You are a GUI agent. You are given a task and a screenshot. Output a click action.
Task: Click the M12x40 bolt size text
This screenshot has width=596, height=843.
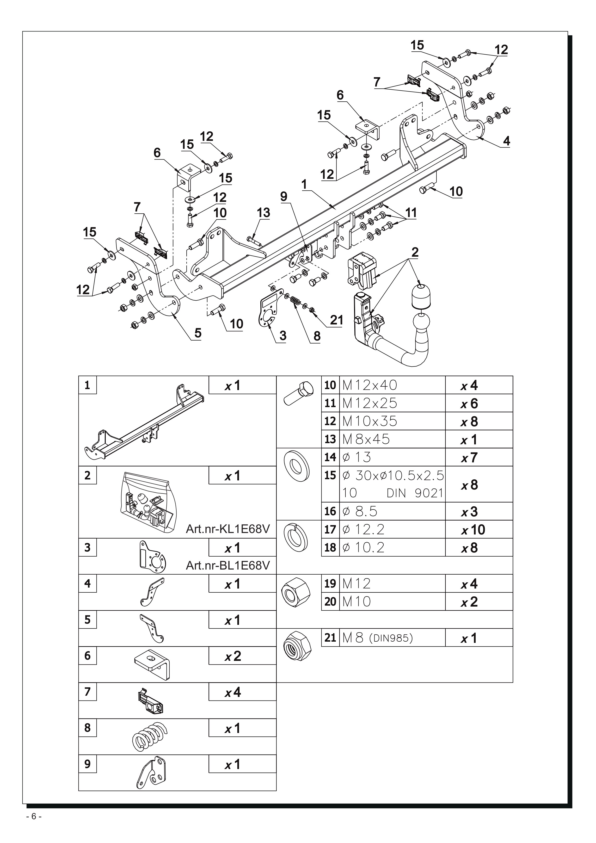(x=369, y=385)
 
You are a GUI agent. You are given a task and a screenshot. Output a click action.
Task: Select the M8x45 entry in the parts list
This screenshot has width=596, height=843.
(x=366, y=439)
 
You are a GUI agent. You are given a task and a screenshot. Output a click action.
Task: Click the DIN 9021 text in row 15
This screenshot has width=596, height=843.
(x=415, y=493)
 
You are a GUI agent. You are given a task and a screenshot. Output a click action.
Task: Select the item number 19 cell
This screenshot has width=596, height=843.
(x=330, y=583)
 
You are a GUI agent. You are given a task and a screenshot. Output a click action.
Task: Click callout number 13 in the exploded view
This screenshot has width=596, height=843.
(x=264, y=213)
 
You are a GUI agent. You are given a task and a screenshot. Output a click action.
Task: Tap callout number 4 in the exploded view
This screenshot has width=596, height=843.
(x=506, y=141)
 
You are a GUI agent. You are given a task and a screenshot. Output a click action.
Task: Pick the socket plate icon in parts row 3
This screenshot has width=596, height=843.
(x=153, y=556)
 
